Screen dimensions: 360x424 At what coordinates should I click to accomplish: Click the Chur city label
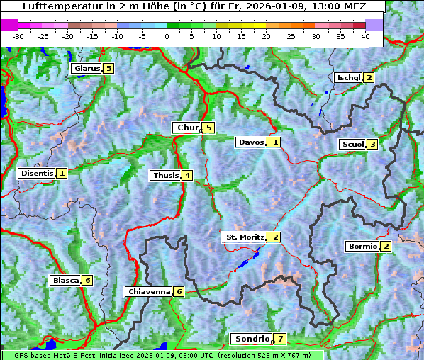187,128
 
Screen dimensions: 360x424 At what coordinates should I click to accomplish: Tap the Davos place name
251,142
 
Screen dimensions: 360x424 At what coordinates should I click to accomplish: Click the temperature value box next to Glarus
108,68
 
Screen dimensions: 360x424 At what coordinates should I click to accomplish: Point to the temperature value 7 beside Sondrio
281,339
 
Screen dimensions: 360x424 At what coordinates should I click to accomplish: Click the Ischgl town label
349,77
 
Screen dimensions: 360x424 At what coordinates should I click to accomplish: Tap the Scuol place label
352,144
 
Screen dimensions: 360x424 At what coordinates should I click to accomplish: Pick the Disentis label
37,173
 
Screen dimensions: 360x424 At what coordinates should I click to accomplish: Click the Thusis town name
165,175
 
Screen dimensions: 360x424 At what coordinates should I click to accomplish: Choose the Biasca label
66,280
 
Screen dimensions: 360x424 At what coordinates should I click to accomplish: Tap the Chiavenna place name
149,291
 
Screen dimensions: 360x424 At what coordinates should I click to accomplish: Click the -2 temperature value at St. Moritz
274,237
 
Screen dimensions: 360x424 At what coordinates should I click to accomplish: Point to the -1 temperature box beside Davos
274,142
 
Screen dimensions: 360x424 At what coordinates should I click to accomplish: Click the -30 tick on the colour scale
18,36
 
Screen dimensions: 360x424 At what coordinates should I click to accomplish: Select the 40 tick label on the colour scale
365,36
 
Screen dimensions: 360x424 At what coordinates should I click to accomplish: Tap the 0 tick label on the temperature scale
167,36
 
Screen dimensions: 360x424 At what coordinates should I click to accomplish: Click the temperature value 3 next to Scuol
372,144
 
